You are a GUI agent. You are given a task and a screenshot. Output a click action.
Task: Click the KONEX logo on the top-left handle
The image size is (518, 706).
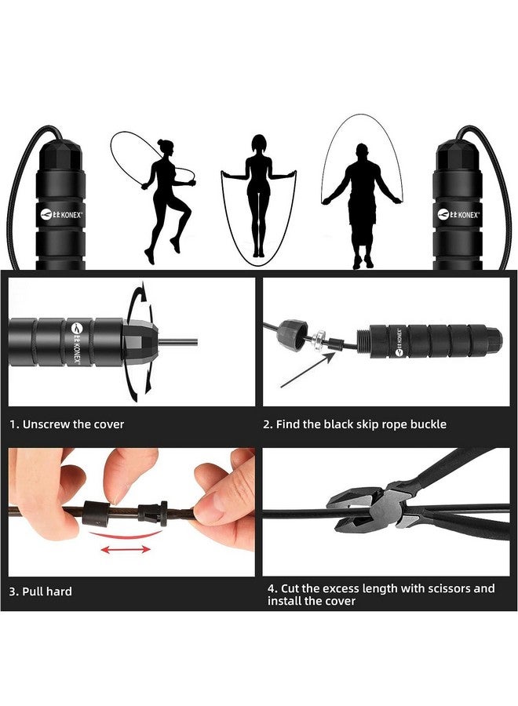[x=60, y=213]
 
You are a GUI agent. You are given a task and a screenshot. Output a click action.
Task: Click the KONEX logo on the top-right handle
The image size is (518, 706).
[x=458, y=213]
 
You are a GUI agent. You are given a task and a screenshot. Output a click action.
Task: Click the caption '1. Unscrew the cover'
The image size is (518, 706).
[x=67, y=424]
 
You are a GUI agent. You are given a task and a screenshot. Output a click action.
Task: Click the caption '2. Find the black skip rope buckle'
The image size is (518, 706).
[x=354, y=424]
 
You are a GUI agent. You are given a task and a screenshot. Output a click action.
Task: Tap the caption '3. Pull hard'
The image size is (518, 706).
[x=41, y=591]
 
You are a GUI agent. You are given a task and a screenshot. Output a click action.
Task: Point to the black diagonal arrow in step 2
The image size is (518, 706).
[x=307, y=369]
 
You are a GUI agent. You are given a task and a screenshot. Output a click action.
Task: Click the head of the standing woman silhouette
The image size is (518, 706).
[x=258, y=144]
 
